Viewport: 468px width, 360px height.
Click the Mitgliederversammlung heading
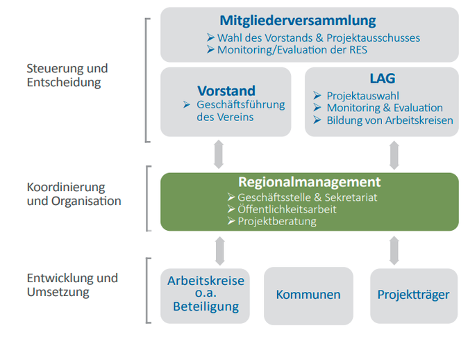pyautogui.click(x=298, y=21)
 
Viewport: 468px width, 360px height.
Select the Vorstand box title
pyautogui.click(x=226, y=91)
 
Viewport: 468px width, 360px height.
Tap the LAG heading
pyautogui.click(x=383, y=79)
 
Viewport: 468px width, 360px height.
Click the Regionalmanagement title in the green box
pyautogui.click(x=309, y=182)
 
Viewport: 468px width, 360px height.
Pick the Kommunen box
pyautogui.click(x=308, y=296)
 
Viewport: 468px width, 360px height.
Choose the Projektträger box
pyautogui.click(x=414, y=296)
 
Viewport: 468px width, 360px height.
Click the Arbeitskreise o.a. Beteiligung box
pyautogui.click(x=205, y=296)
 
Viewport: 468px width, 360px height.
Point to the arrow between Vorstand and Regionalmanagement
pyautogui.click(x=219, y=154)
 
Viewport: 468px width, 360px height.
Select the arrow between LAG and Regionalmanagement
pyautogui.click(x=394, y=155)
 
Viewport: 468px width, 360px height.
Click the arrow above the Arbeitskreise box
pyautogui.click(x=220, y=251)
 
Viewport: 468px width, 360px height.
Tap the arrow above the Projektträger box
pyautogui.click(x=394, y=250)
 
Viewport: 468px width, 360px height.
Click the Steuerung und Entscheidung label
pyautogui.click(x=67, y=75)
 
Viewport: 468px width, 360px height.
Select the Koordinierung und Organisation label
pyautogui.click(x=74, y=194)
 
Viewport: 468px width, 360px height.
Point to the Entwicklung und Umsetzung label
pyautogui.click(x=72, y=285)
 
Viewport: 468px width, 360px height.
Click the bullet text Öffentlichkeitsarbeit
pyautogui.click(x=287, y=209)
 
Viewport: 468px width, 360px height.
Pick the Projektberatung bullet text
pyautogui.click(x=277, y=222)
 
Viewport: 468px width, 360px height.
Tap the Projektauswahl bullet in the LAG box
pyautogui.click(x=362, y=96)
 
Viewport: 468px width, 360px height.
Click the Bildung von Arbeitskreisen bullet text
pyautogui.click(x=390, y=120)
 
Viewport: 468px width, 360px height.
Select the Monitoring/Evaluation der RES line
pyautogui.click(x=292, y=50)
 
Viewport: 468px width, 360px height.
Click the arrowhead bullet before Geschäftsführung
pyautogui.click(x=187, y=104)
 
